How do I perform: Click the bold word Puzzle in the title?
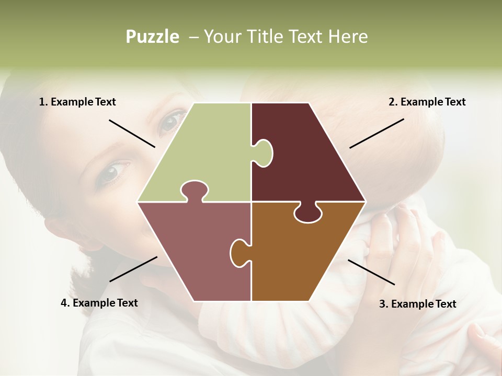coord(152,37)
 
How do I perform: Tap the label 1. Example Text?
coord(77,102)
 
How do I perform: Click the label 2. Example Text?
coord(427,102)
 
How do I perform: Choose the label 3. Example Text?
coord(417,304)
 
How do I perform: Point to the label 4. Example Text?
coord(99,303)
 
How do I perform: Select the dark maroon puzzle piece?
coord(309,157)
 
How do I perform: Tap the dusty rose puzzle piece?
coord(193,251)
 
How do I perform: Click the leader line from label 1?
coord(132,133)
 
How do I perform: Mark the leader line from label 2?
coord(376,133)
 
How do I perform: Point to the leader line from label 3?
coord(371,272)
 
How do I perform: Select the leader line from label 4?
coord(133,269)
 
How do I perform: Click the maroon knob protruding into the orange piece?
coord(307,213)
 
